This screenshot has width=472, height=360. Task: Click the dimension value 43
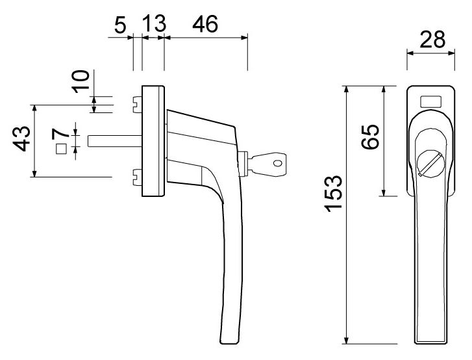[x=23, y=139]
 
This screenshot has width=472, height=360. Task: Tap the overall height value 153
[x=332, y=193]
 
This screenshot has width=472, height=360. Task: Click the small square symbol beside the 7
[x=62, y=149]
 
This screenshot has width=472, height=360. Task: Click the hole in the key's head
[x=279, y=164]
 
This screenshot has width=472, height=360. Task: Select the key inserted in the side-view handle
[x=268, y=164]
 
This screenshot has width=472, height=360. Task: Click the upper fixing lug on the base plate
[x=137, y=103]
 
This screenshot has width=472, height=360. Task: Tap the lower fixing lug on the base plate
[x=137, y=174]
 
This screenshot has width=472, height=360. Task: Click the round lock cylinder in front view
[x=429, y=162]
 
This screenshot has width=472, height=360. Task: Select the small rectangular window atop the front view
[x=430, y=101]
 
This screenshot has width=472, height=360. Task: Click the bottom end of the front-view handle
[x=430, y=339]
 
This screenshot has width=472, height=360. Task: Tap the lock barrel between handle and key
[x=243, y=164]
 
